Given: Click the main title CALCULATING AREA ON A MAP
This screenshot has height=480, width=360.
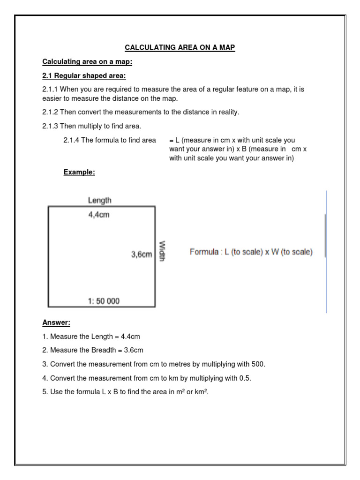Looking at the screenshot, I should click(180, 47).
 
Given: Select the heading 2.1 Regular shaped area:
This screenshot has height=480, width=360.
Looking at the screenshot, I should click(84, 75).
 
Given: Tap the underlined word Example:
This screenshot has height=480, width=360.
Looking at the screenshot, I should click(79, 172).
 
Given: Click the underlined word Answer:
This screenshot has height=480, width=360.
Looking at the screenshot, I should click(56, 322).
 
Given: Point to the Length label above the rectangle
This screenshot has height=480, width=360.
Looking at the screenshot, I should click(100, 200).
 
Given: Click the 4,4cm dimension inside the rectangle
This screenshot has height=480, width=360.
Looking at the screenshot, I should click(99, 216).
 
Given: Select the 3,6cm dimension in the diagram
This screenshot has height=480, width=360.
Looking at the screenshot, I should click(142, 255).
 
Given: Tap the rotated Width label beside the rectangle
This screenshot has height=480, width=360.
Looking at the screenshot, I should click(162, 251).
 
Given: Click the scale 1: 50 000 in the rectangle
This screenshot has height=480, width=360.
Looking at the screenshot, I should click(104, 301).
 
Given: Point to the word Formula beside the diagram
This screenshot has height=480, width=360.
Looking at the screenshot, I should click(204, 252).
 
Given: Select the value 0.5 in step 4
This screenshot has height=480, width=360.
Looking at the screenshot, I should click(243, 378).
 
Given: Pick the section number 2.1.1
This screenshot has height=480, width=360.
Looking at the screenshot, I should click(50, 89).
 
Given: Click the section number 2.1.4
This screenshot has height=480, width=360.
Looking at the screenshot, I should click(71, 140).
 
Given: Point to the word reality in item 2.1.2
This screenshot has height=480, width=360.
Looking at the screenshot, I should click(227, 112).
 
